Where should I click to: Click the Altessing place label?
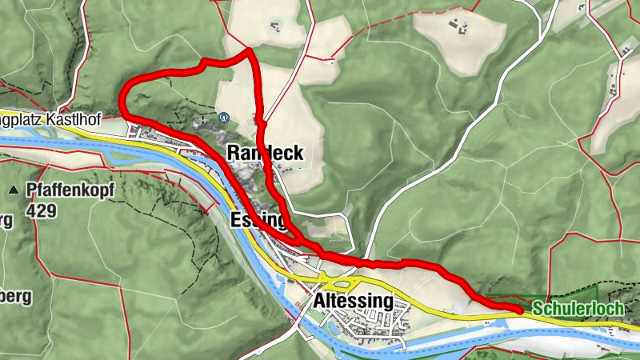(354, 302)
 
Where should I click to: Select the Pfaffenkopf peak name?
(70, 190)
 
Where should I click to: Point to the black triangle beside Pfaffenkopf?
(14, 191)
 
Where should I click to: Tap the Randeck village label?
(266, 153)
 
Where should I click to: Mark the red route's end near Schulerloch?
(520, 308)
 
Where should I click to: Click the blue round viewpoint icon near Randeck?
(224, 117)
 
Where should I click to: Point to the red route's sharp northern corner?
(250, 51)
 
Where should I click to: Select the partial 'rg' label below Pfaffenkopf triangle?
(6, 222)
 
